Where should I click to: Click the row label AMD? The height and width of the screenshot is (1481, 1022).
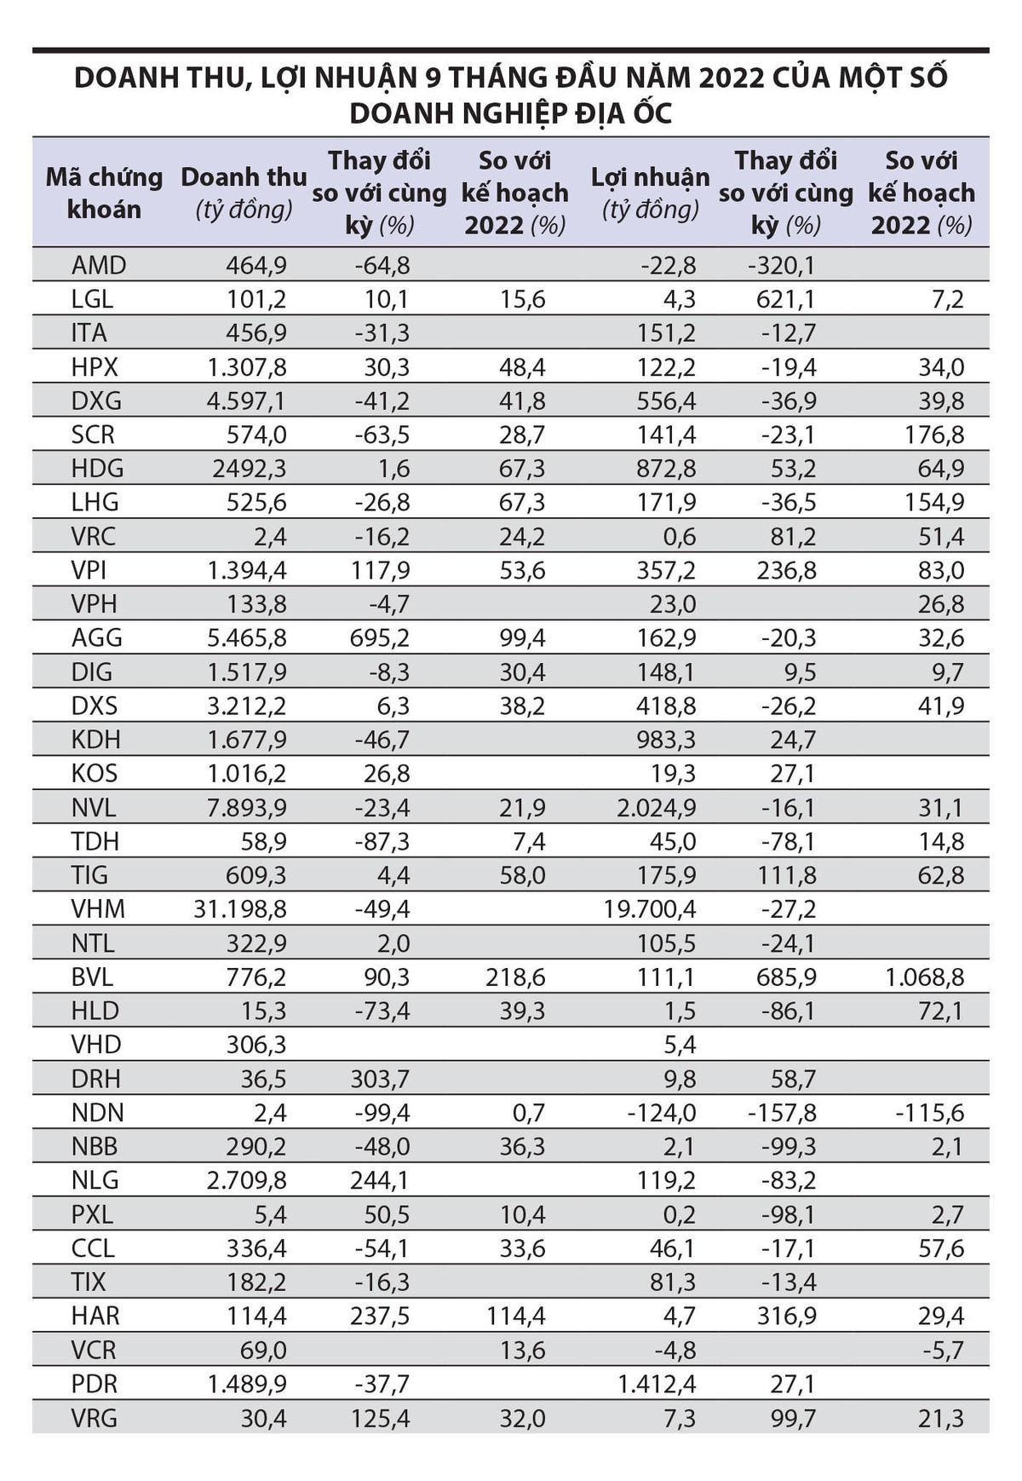click(x=99, y=265)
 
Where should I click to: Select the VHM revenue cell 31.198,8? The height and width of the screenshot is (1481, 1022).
click(x=240, y=909)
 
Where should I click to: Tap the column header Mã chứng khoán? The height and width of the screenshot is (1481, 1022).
click(x=104, y=193)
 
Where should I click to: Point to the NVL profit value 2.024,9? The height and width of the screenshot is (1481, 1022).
click(x=657, y=808)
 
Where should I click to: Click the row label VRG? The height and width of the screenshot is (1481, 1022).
click(x=95, y=1418)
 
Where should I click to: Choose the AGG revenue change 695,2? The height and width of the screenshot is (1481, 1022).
click(x=379, y=638)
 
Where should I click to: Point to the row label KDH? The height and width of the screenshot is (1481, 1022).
click(x=96, y=740)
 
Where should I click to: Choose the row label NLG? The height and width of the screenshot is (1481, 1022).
click(x=95, y=1180)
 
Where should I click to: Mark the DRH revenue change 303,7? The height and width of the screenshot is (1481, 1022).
click(x=379, y=1079)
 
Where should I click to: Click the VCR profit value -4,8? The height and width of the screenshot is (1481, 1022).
click(x=675, y=1350)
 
